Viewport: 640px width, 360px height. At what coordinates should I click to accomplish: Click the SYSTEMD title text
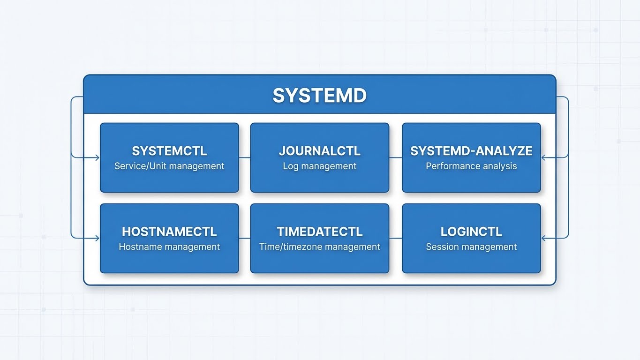(x=319, y=95)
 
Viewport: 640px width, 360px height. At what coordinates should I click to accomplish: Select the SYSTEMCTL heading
(x=169, y=151)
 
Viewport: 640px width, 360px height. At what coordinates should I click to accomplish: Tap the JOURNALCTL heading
(x=319, y=151)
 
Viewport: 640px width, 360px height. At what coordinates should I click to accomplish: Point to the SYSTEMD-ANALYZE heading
(x=471, y=151)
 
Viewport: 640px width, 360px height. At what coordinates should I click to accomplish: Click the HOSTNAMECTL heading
(x=169, y=232)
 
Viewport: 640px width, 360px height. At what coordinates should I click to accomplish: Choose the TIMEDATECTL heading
(x=319, y=232)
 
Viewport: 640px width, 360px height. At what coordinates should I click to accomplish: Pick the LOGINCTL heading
(x=471, y=232)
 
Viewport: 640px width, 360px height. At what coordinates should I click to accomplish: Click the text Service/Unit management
(x=169, y=166)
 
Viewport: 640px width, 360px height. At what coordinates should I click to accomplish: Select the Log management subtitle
(x=319, y=166)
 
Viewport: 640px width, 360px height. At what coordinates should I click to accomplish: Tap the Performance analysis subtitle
(x=471, y=166)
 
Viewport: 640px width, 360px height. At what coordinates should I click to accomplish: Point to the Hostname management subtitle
(x=169, y=247)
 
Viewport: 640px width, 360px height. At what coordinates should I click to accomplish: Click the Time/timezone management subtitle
(x=319, y=247)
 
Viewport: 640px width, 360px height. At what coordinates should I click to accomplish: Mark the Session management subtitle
(x=471, y=247)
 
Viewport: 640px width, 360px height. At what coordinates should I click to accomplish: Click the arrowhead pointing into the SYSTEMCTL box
(x=97, y=158)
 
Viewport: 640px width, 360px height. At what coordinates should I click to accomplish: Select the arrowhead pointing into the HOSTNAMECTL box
(x=97, y=238)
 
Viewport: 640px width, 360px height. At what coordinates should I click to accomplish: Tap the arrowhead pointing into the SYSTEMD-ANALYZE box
(x=544, y=158)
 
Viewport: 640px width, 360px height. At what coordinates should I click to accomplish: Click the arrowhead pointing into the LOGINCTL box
(x=544, y=238)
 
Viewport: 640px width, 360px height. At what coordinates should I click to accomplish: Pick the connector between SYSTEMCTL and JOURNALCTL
(x=244, y=157)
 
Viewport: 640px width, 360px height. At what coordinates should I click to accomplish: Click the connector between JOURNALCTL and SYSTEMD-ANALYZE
(x=395, y=157)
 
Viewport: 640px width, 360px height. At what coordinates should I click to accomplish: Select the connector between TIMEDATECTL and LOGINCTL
(x=395, y=238)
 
